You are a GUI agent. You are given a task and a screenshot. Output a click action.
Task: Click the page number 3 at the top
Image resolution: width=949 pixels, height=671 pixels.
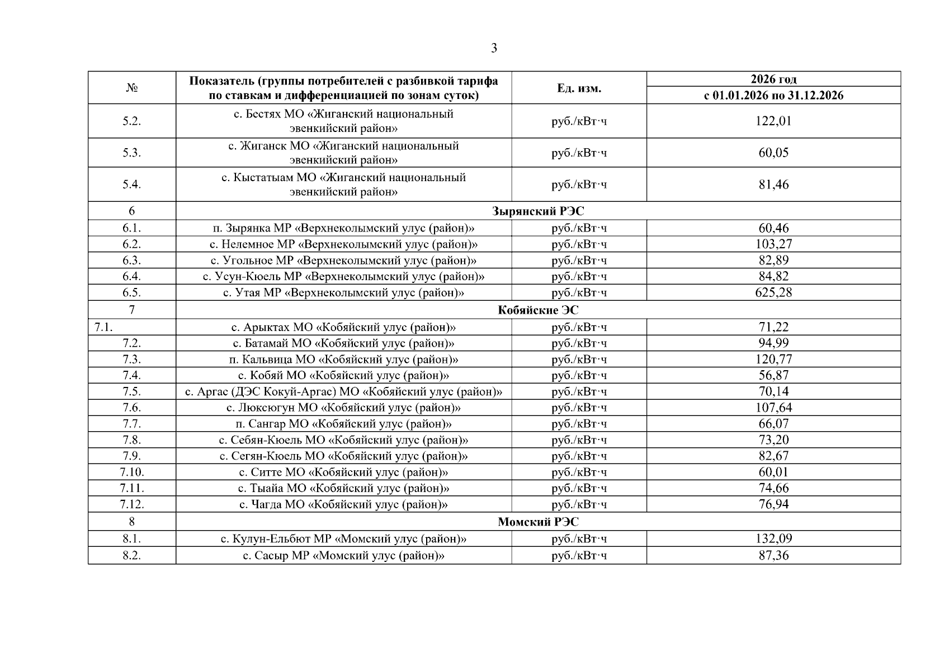[494, 49]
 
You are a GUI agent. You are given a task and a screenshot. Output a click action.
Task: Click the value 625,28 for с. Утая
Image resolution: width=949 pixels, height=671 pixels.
[773, 292]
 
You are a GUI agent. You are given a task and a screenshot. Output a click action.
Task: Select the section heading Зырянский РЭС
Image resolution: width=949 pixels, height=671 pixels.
[538, 211]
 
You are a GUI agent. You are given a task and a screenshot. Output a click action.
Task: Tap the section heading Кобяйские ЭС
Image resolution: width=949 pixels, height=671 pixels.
[538, 310]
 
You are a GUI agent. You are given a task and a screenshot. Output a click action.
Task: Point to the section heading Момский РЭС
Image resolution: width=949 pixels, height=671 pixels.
[538, 522]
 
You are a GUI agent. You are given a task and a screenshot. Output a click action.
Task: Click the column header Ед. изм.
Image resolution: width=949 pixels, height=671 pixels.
[579, 88]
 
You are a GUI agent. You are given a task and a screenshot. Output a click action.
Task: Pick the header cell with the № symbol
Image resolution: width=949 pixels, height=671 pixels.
[132, 88]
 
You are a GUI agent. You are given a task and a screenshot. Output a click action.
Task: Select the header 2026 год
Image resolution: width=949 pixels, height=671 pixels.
[773, 79]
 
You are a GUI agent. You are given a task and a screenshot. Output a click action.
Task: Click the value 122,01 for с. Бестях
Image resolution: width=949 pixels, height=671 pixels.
[773, 121]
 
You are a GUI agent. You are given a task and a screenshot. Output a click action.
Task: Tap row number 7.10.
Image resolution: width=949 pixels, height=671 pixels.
[132, 472]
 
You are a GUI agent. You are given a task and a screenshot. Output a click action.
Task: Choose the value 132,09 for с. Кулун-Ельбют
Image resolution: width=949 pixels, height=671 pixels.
[773, 539]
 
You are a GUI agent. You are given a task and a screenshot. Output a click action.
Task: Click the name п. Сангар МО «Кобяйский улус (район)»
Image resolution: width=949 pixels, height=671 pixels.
[343, 424]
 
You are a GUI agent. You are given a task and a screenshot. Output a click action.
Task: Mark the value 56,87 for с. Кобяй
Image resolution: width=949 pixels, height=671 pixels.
[773, 375]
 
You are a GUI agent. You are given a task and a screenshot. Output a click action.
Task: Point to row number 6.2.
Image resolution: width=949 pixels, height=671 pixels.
[132, 244]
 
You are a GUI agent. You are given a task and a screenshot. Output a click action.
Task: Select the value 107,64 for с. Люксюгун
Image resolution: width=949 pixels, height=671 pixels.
[773, 408]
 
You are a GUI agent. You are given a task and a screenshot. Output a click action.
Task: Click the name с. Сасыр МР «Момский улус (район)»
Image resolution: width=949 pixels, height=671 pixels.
[343, 556]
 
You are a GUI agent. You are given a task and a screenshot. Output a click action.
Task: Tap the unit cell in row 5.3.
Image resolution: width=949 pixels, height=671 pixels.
[579, 153]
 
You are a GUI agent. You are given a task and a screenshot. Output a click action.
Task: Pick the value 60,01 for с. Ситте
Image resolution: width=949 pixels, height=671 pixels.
[773, 472]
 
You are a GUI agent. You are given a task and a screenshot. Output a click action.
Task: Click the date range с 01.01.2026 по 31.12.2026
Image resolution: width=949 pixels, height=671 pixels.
[773, 96]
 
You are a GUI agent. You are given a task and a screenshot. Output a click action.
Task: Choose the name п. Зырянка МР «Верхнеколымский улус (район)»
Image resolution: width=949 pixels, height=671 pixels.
[343, 228]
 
